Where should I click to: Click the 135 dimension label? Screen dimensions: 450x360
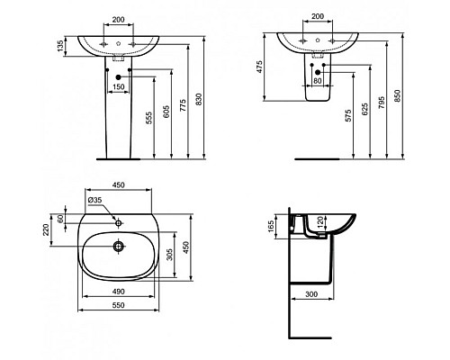pyautogui.click(x=60, y=46)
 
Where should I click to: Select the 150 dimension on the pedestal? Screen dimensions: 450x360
pyautogui.click(x=118, y=87)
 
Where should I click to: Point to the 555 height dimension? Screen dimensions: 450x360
pyautogui.click(x=149, y=118)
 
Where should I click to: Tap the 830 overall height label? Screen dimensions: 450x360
pyautogui.click(x=199, y=100)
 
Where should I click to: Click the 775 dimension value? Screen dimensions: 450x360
pyautogui.click(x=183, y=105)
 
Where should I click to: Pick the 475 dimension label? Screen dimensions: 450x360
pyautogui.click(x=259, y=67)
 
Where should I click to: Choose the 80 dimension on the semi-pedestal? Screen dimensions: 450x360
pyautogui.click(x=318, y=81)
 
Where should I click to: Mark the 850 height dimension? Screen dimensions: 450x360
pyautogui.click(x=397, y=95)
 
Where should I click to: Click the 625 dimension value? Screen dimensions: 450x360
pyautogui.click(x=364, y=110)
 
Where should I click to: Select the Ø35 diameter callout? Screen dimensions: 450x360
pyautogui.click(x=94, y=200)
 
